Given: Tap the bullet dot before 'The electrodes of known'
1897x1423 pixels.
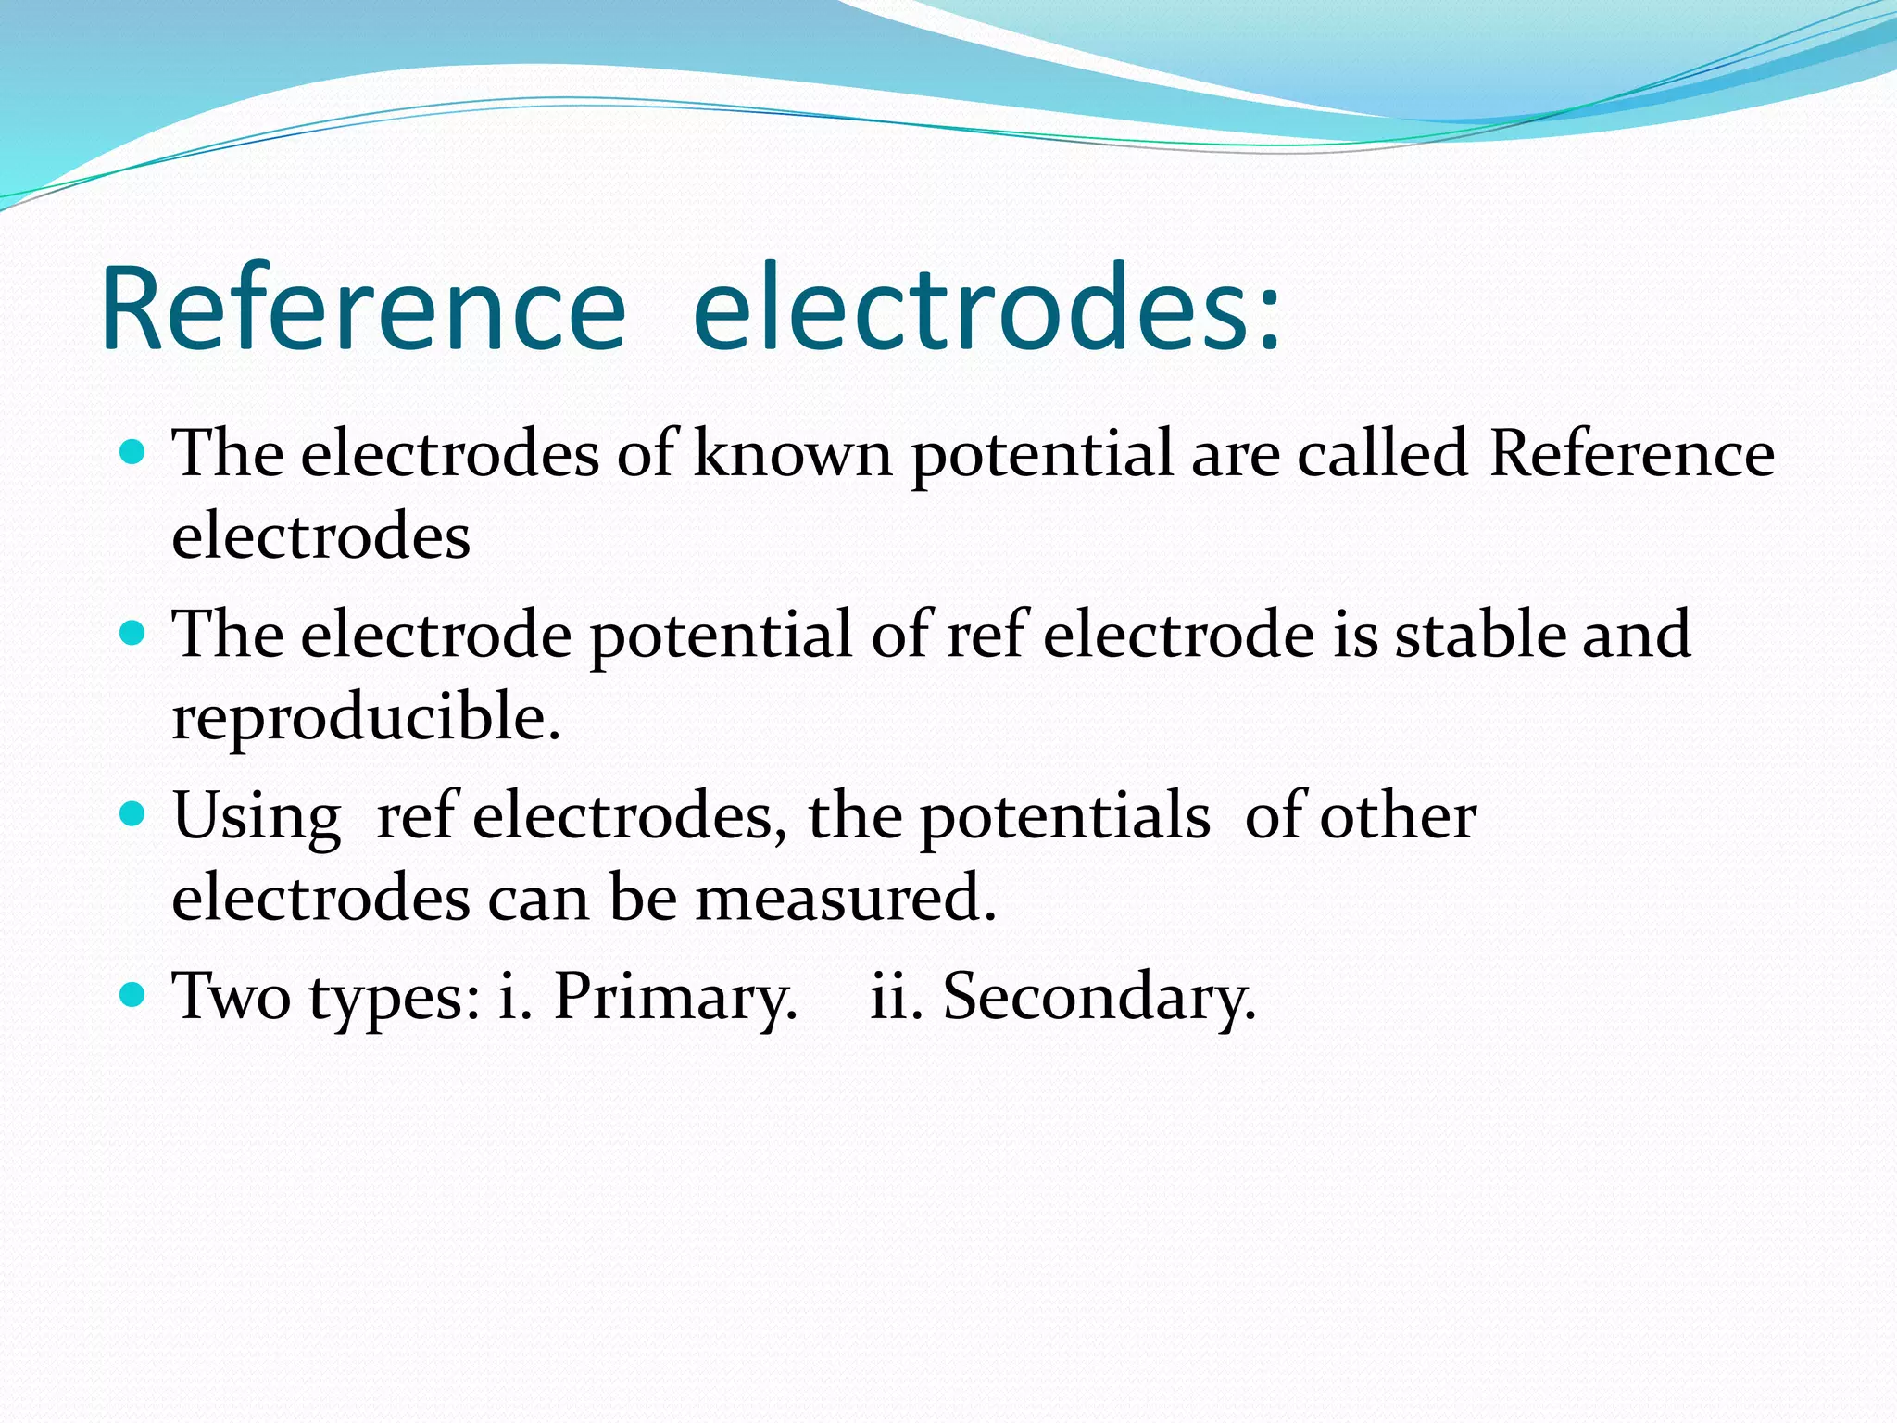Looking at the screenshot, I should coord(133,452).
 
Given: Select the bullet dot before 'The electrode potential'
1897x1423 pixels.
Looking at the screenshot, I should coord(133,634).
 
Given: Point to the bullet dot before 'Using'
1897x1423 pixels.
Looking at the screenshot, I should coord(133,814).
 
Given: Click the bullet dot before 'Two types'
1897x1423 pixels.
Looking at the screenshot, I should coord(133,995).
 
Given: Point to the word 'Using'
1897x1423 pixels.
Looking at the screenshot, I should coord(257,817).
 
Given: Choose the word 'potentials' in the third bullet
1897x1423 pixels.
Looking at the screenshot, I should coord(1064,817).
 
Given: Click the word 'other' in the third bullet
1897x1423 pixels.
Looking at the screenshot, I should coord(1398,816).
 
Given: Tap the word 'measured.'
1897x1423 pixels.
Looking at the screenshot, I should coord(846,898).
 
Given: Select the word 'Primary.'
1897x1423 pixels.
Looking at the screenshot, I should coord(675,999).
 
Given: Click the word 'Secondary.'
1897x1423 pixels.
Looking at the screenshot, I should coord(1099,997).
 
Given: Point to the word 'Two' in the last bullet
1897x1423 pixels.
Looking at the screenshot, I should coord(232,997).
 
